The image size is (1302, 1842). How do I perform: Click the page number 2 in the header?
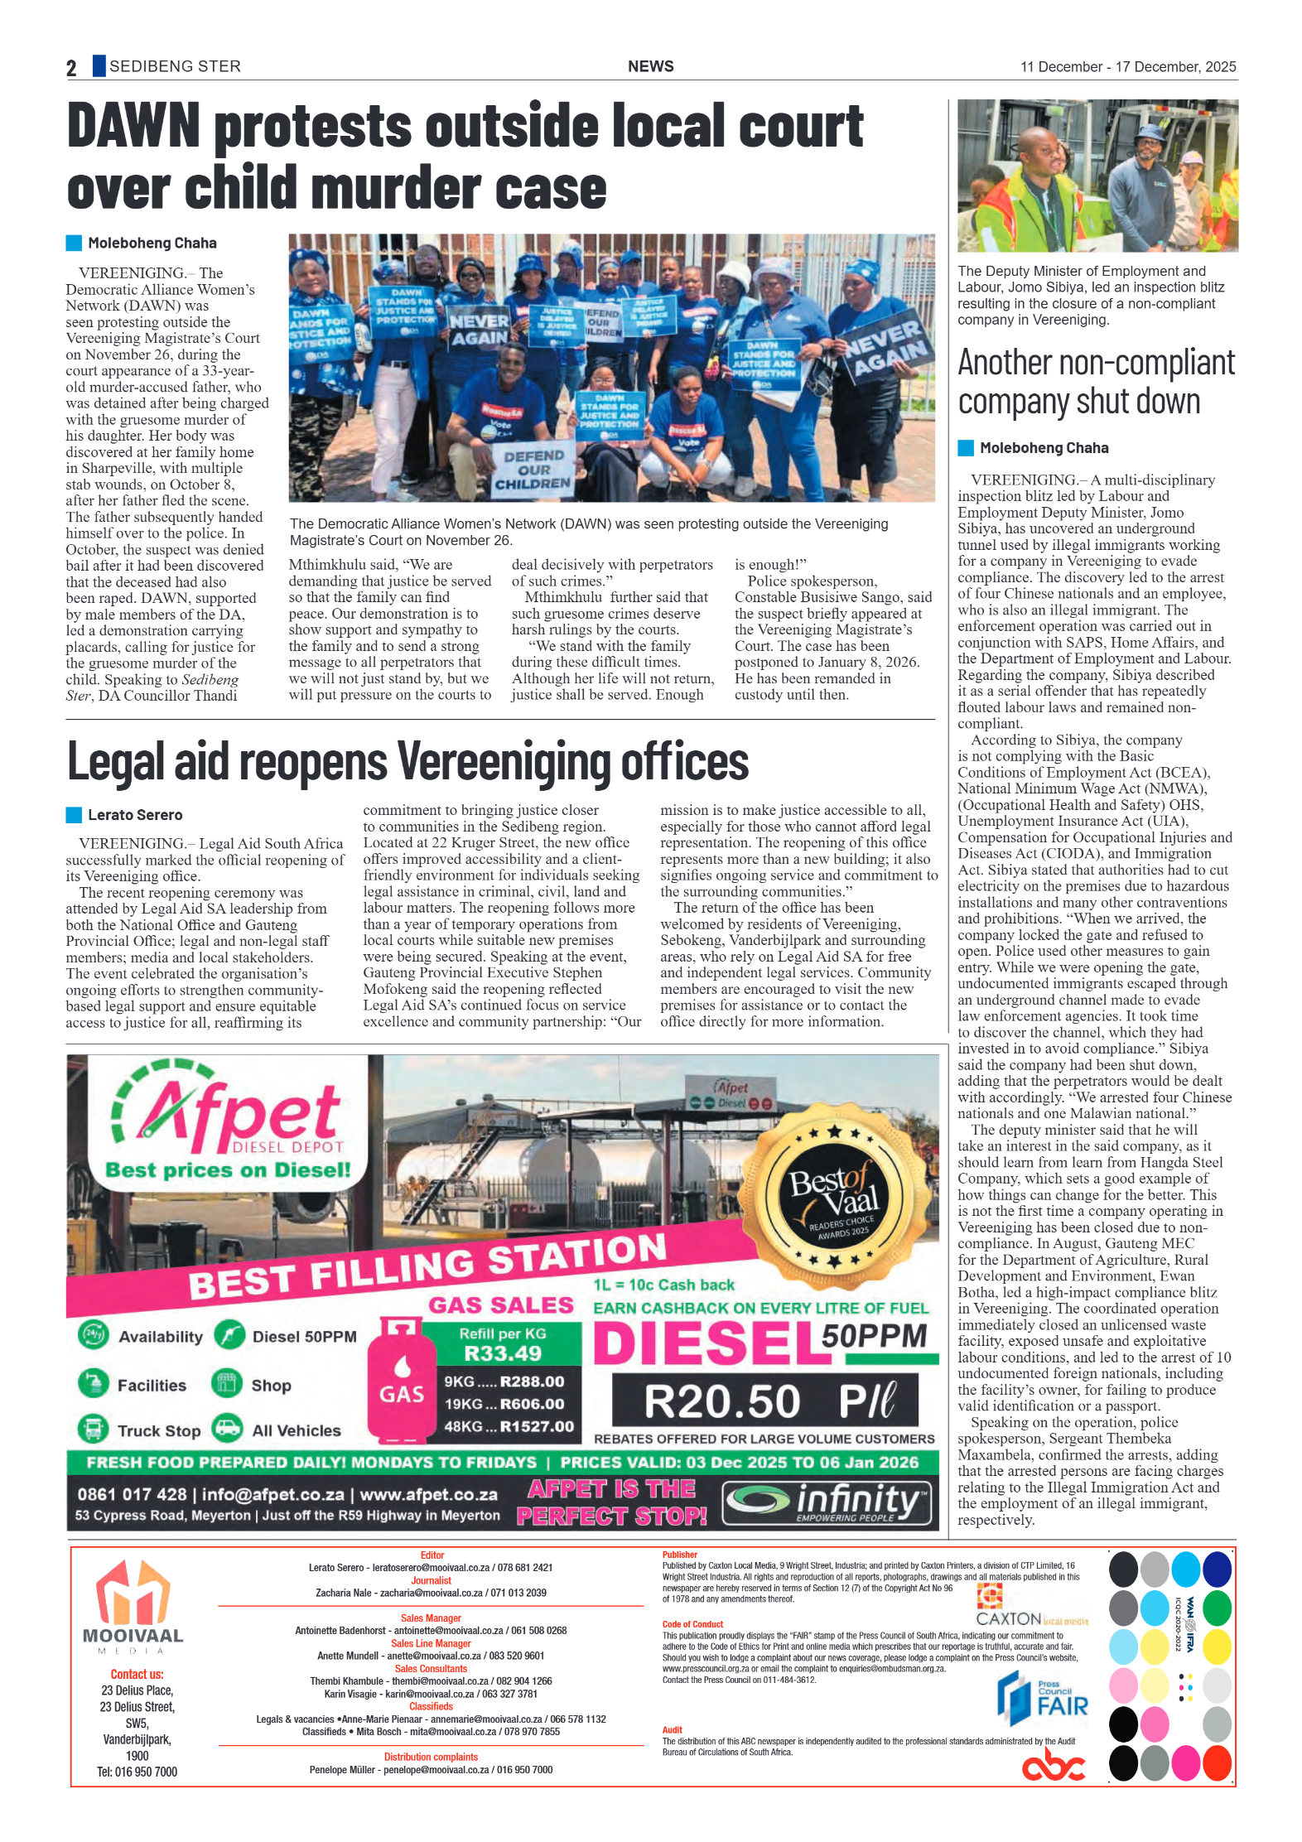click(71, 68)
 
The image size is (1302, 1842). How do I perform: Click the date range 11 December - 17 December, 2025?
click(1127, 67)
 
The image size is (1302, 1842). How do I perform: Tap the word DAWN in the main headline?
click(133, 126)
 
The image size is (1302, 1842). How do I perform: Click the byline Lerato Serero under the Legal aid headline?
click(135, 815)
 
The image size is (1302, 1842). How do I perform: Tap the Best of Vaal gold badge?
click(833, 1198)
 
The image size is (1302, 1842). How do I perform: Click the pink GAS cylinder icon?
click(402, 1381)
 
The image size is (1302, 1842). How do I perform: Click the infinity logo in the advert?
click(827, 1502)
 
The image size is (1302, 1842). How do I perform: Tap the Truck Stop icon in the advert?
click(93, 1429)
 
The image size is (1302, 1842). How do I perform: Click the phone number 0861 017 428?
click(133, 1494)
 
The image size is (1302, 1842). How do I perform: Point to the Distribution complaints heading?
click(431, 1757)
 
